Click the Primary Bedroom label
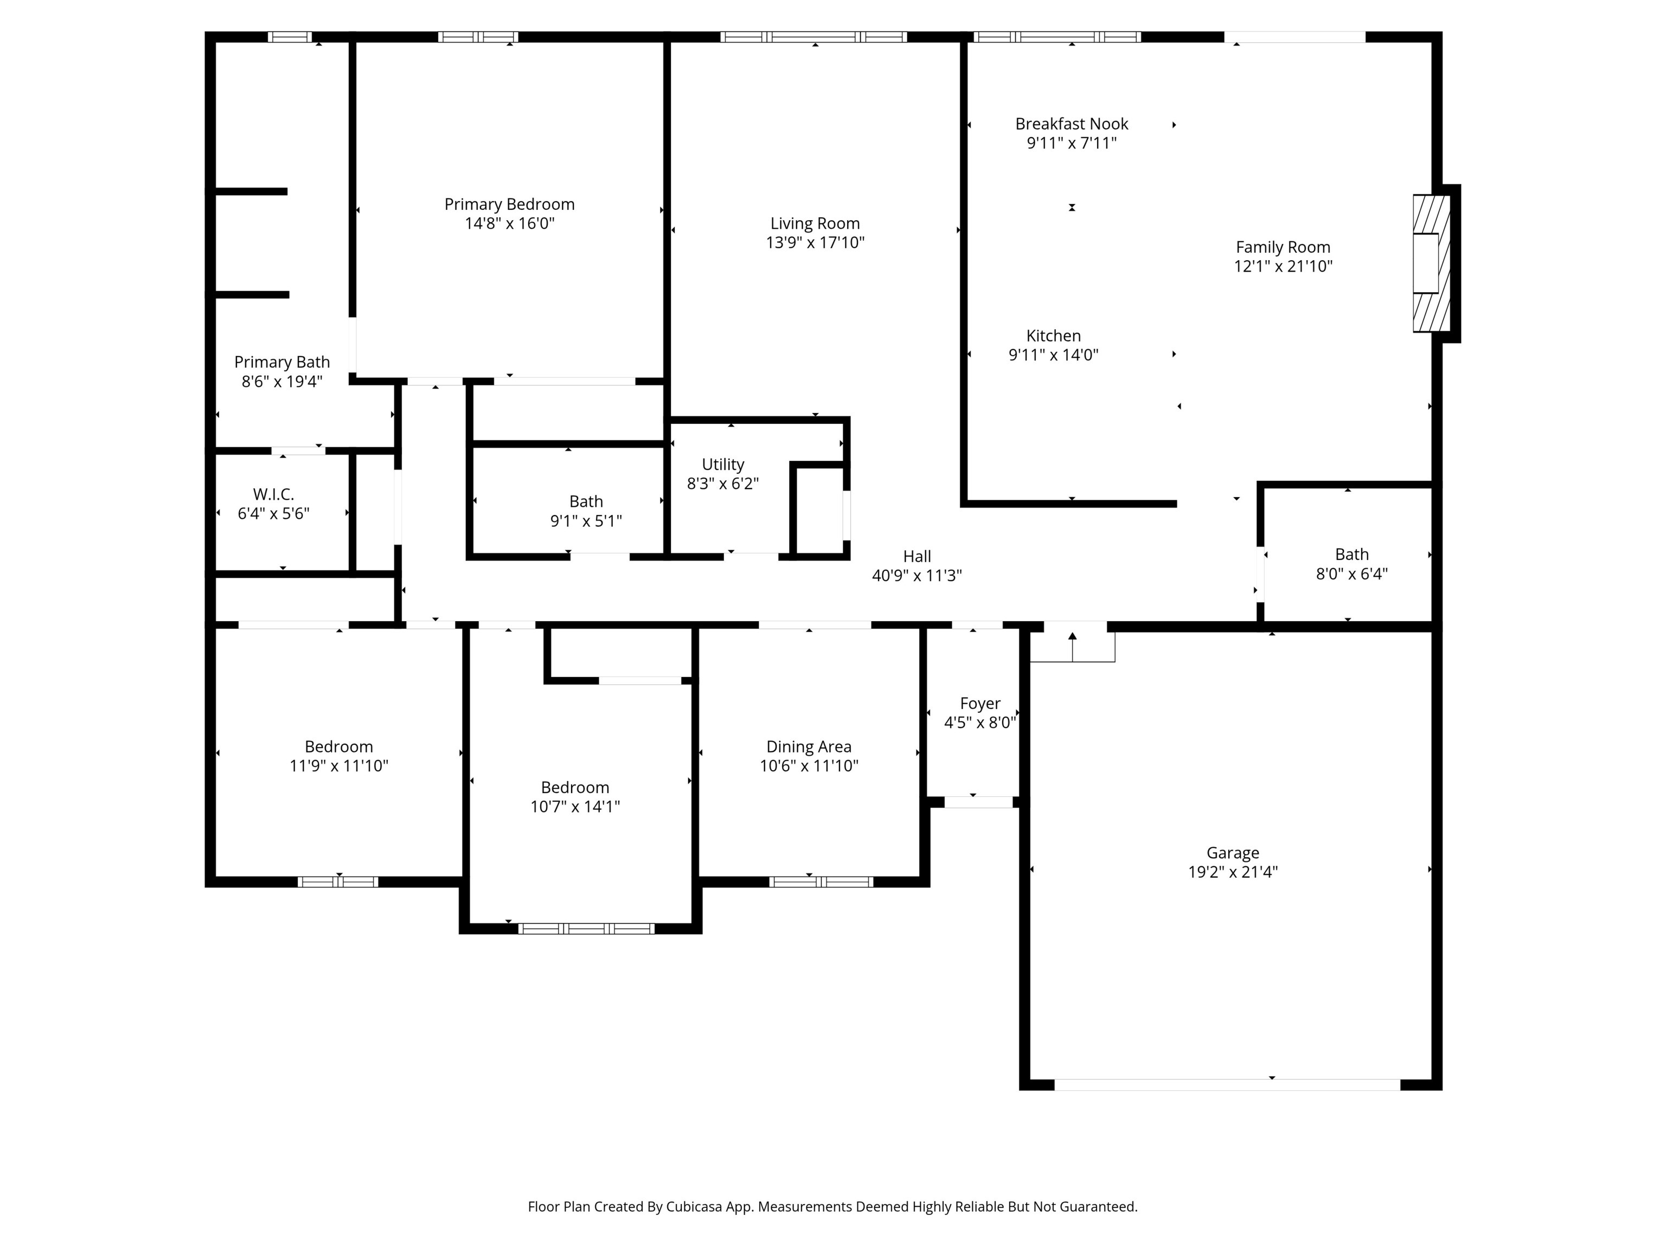(509, 204)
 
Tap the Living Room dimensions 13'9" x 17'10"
(815, 242)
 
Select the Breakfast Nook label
(1071, 124)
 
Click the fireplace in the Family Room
(1430, 263)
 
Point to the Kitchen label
(1053, 336)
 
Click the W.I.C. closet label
(273, 494)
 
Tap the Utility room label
(722, 465)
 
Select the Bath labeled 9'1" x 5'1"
(585, 501)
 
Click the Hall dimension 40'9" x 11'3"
(917, 576)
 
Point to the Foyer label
(980, 703)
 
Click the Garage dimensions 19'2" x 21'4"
(1232, 872)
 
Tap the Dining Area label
(809, 747)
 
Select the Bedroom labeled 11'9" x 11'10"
(338, 747)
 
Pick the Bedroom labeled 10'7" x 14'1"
(575, 788)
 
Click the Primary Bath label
(281, 362)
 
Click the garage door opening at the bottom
(1226, 1085)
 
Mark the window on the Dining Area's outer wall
(821, 881)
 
